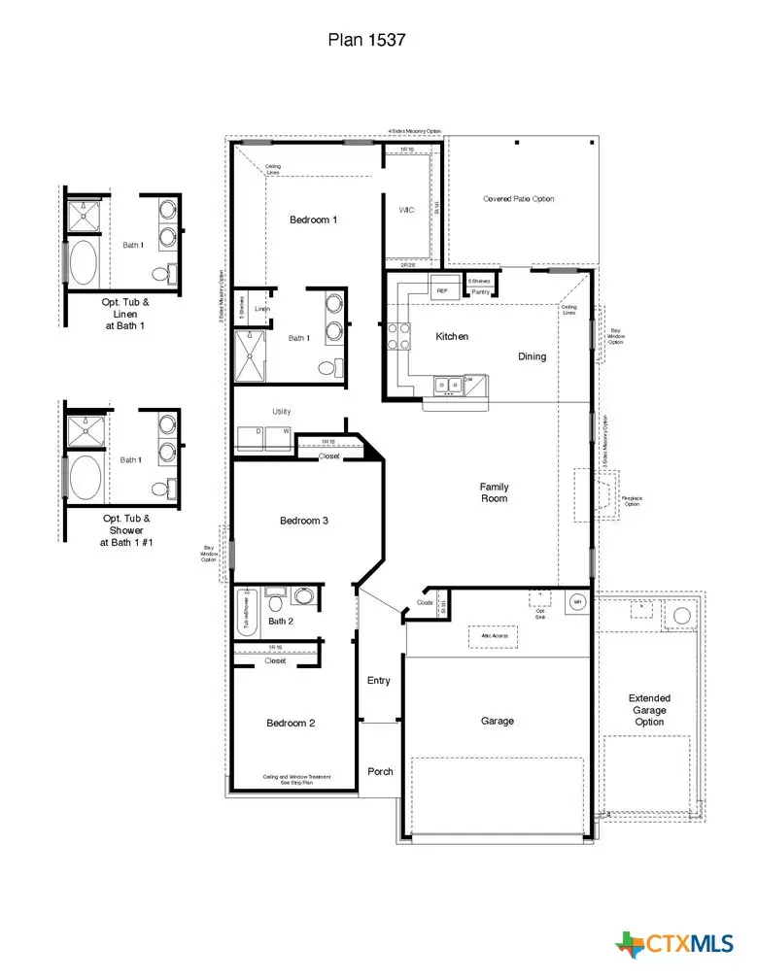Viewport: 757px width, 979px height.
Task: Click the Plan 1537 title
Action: tap(365, 40)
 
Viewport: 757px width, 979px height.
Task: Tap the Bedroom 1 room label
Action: tap(313, 219)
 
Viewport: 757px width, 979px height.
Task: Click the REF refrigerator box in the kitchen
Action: tap(442, 290)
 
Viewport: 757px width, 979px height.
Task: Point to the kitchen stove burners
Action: tap(398, 336)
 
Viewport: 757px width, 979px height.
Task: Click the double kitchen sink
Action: tap(449, 386)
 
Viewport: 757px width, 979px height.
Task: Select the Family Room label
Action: tap(494, 492)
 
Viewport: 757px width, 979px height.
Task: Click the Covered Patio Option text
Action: tap(519, 199)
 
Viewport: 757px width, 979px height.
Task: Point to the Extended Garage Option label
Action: tap(649, 710)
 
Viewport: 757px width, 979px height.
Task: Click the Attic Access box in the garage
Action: tap(494, 636)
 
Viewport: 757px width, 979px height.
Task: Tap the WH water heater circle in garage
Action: tap(576, 602)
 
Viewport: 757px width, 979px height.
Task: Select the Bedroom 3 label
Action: tap(304, 522)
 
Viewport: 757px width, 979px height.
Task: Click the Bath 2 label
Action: tap(281, 622)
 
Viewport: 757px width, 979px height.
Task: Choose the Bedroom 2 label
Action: tap(291, 723)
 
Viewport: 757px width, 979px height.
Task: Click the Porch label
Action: tap(380, 771)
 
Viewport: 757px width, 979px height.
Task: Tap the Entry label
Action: tap(379, 681)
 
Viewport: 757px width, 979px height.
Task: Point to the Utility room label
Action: tap(281, 412)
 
